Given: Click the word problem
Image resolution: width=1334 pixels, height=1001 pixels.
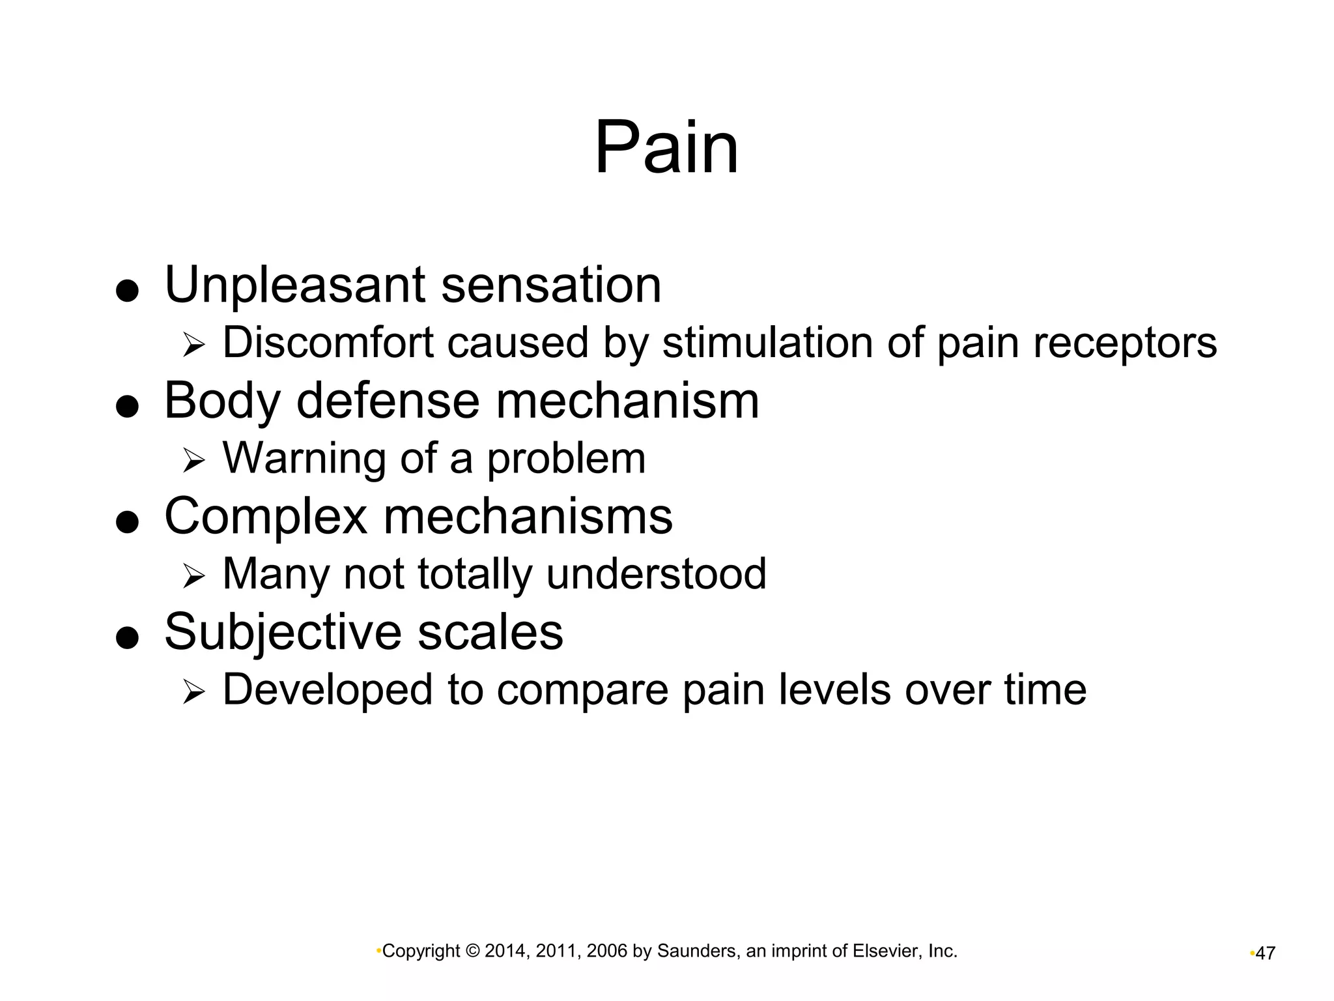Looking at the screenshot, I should [566, 459].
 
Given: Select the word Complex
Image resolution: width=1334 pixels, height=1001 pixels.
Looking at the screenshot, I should [266, 516].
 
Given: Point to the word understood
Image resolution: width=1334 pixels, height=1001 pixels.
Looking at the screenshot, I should [656, 573].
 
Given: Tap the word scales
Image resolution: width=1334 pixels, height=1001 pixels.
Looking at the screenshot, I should [490, 632].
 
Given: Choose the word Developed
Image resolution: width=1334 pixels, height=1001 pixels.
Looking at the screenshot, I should [328, 689].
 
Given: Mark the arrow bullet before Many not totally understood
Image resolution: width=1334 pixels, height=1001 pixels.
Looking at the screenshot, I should [193, 575].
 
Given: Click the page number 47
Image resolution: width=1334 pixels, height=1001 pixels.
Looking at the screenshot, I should [1265, 953].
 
